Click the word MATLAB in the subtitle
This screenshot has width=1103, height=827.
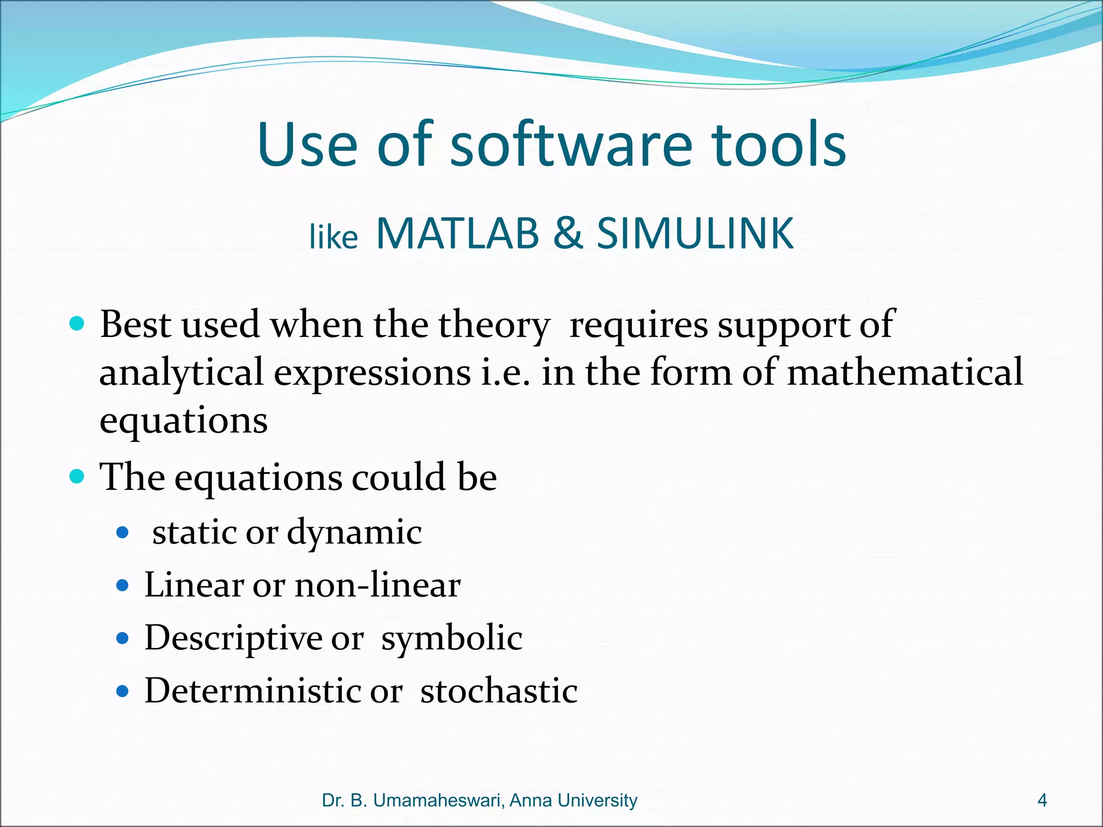457,234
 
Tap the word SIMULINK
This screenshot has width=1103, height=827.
695,234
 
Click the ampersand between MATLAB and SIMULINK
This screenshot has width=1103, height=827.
568,234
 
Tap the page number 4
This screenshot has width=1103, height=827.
1042,800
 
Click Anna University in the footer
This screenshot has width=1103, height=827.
573,800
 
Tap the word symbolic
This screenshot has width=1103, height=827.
451,639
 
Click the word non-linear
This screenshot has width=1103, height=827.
378,585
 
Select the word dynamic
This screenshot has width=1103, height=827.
354,532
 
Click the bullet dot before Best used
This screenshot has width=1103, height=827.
78,324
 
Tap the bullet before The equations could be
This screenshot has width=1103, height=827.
78,476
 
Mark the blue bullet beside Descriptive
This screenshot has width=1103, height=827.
123,639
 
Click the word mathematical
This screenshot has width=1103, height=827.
904,373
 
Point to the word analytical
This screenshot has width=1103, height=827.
181,373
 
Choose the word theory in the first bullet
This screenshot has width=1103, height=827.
494,325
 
